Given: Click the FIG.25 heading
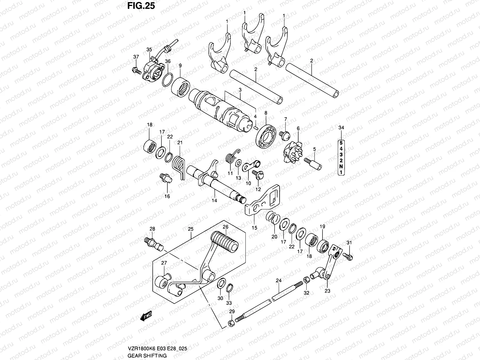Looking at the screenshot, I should coord(141,6).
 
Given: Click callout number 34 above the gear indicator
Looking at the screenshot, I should coord(341,128).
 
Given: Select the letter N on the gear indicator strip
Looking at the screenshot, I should coord(341,166).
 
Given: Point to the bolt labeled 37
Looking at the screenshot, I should coord(137,71).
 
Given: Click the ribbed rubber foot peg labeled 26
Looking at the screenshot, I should coord(225,241).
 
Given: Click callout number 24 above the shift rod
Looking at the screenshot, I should coord(278,280).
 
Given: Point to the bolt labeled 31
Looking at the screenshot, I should coord(350,256).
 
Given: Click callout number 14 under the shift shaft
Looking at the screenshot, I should coord(214,200).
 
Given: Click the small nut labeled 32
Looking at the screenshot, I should coord(307,280).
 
